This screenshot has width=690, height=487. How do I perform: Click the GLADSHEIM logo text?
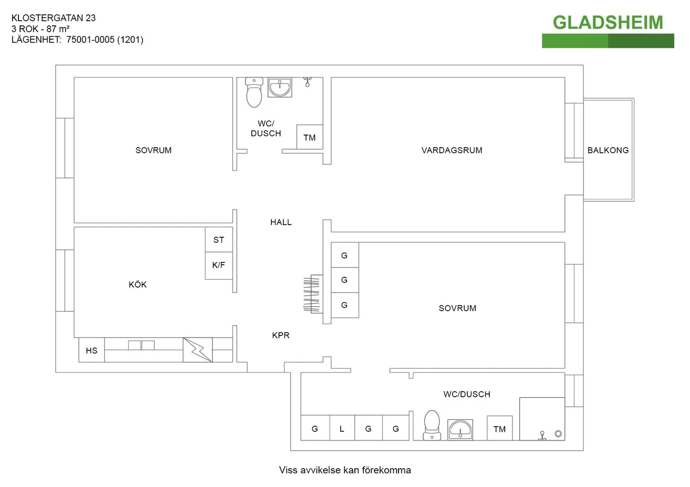[608, 22]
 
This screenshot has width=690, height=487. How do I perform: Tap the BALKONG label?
[608, 150]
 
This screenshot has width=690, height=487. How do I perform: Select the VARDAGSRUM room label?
[451, 150]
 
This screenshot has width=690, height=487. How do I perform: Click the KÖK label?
[137, 285]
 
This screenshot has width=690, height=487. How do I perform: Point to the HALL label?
[281, 222]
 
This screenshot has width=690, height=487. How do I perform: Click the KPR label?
[281, 335]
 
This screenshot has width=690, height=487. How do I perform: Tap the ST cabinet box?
[219, 240]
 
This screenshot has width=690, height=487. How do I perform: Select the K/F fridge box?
[219, 265]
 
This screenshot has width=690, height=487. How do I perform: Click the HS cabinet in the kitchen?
[92, 350]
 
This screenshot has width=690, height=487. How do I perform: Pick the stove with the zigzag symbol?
[197, 349]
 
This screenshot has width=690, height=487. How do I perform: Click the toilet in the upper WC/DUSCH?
[254, 93]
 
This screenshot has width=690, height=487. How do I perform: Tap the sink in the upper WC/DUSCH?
[281, 88]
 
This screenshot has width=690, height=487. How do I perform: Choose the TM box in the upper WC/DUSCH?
[309, 137]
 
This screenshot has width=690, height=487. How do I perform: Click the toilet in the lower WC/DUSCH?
[431, 426]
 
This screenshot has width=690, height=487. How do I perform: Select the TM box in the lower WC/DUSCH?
[499, 429]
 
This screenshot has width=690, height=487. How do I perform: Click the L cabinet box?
[342, 428]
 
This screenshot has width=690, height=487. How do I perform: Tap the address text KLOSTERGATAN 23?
[53, 18]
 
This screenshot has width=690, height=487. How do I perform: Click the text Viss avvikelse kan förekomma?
[345, 470]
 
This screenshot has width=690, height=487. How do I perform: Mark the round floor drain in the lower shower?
[557, 434]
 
